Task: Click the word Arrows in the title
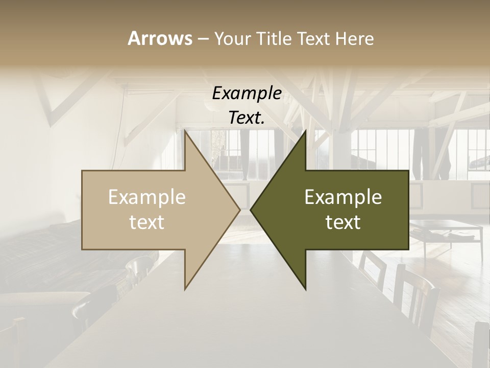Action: click(x=160, y=38)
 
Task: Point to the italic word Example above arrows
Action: click(x=247, y=94)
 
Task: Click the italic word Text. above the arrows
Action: click(x=247, y=118)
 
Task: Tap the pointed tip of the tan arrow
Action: click(x=239, y=210)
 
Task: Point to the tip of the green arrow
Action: click(x=252, y=210)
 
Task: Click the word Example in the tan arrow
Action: click(x=147, y=197)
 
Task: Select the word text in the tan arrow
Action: click(x=147, y=222)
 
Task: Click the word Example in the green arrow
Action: click(x=343, y=197)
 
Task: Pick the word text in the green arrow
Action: click(x=343, y=222)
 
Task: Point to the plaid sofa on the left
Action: click(x=41, y=256)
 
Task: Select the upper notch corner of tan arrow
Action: click(x=185, y=171)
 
